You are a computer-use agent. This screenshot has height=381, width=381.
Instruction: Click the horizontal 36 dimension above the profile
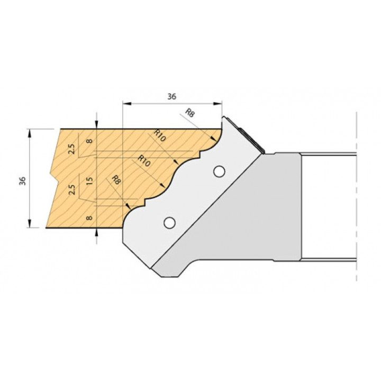(x=172, y=96)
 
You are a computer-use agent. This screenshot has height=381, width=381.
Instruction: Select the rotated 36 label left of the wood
(x=22, y=181)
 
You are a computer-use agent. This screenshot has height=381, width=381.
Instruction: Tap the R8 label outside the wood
(x=189, y=113)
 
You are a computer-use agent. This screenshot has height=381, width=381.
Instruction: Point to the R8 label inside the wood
(x=116, y=180)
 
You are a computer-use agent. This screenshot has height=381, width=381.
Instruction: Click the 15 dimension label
(x=89, y=181)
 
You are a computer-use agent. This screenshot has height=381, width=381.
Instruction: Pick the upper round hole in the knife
(x=219, y=171)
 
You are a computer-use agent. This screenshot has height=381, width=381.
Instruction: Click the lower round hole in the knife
(x=170, y=223)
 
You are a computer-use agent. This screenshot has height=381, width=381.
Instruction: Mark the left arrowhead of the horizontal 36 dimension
(x=127, y=104)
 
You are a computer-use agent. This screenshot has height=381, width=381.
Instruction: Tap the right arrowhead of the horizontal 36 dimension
(x=217, y=104)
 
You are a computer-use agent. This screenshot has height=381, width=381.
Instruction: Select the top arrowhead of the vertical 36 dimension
(x=30, y=133)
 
